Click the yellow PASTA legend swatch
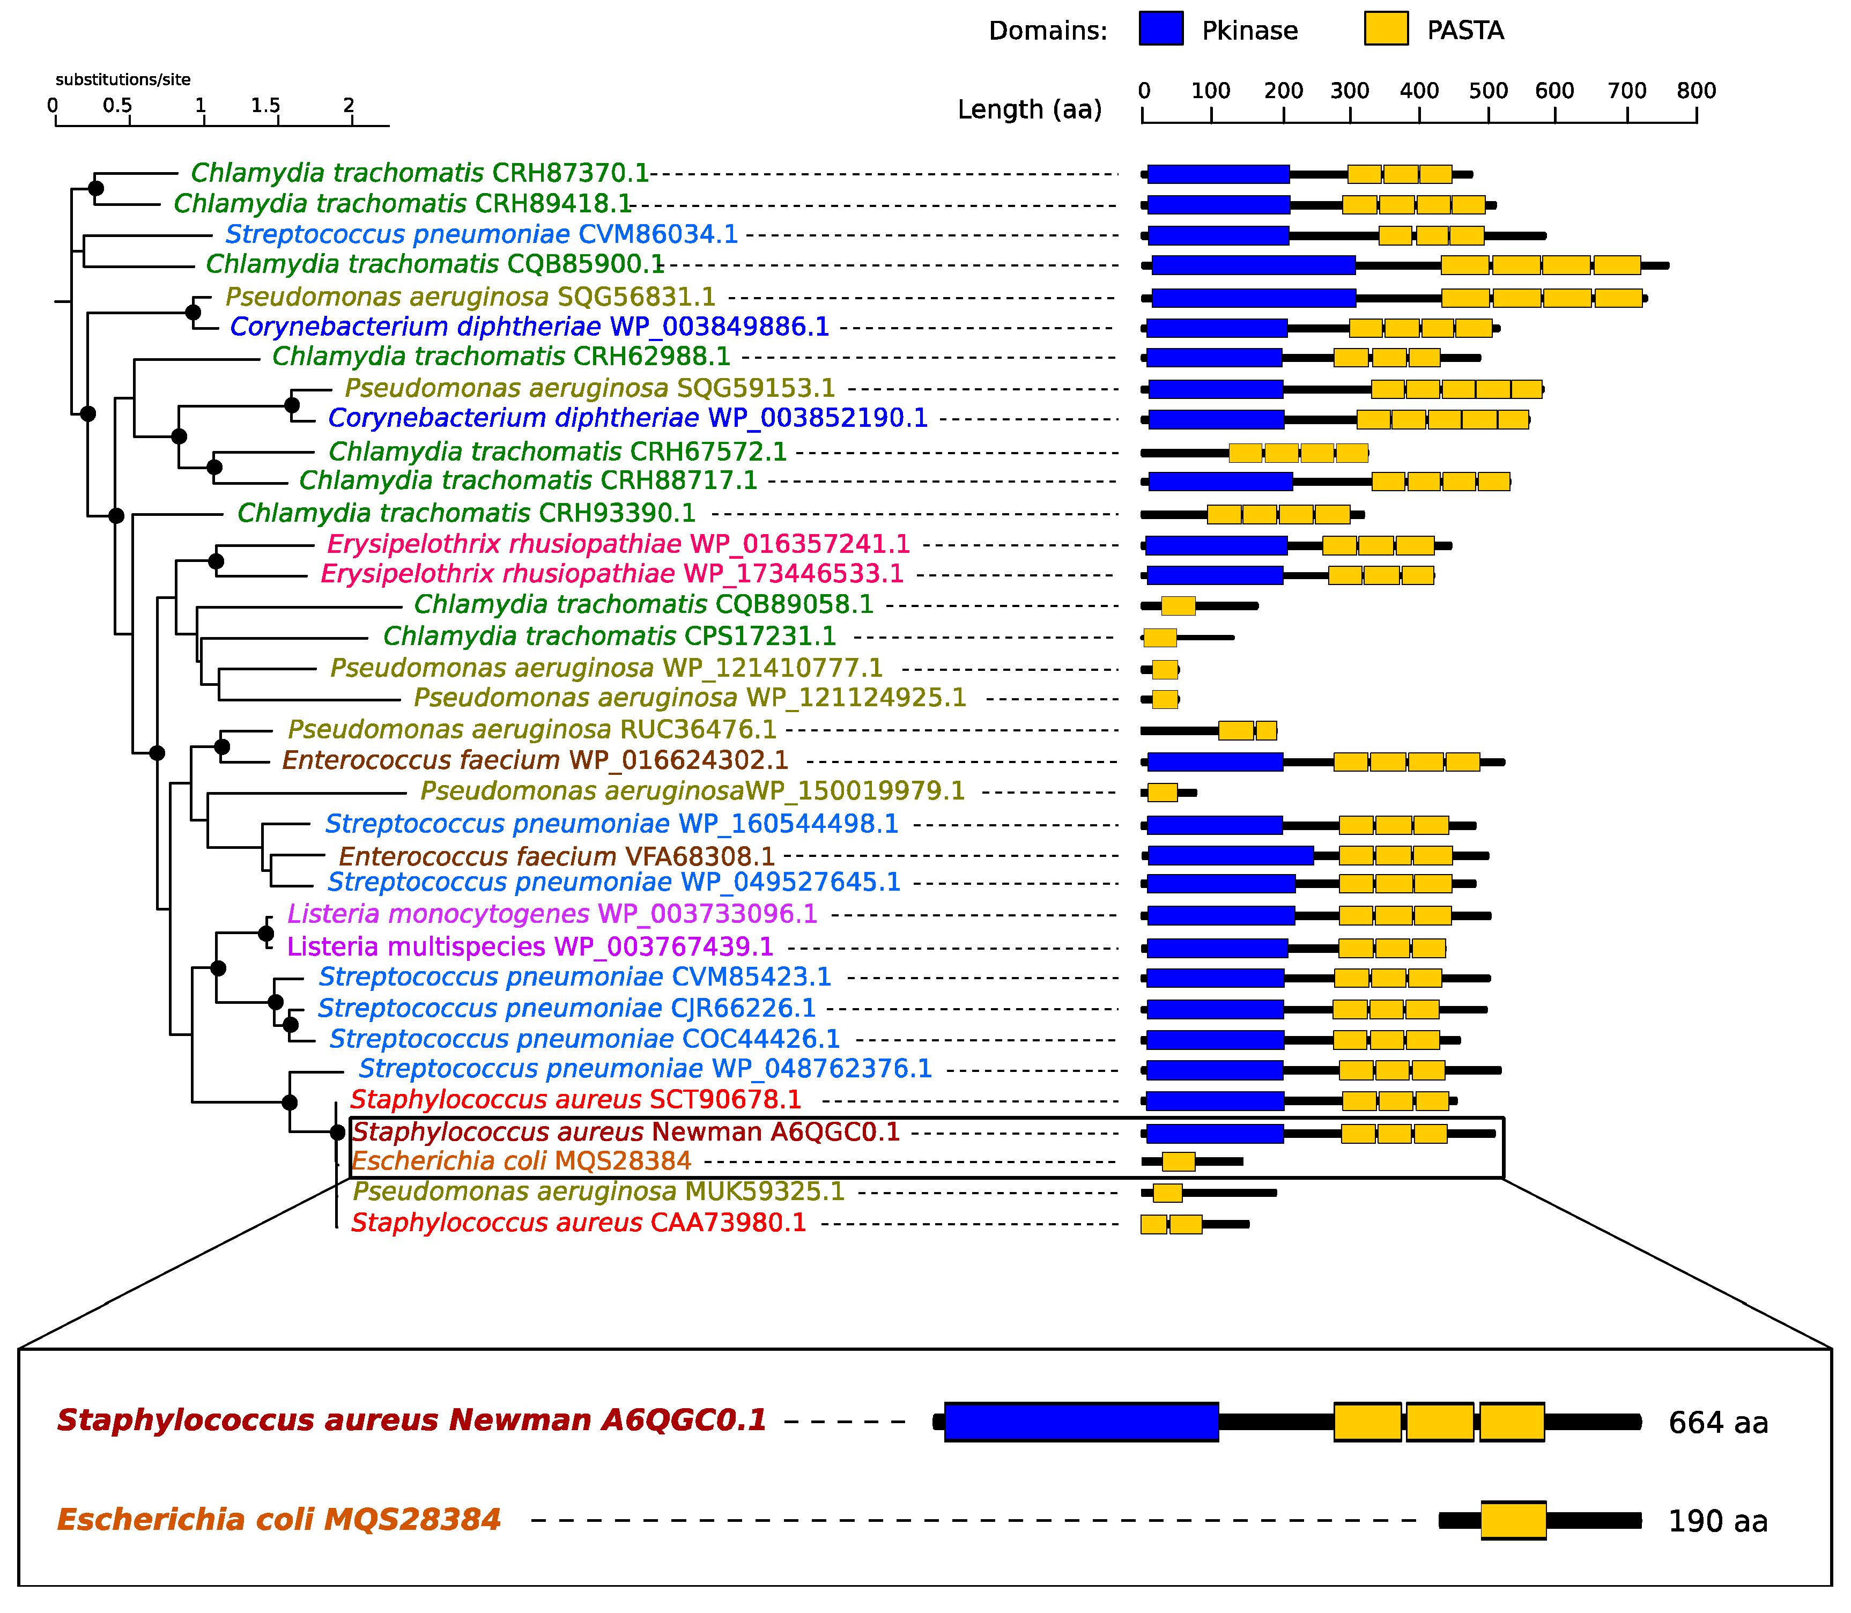point(1386,29)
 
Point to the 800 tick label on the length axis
point(1696,90)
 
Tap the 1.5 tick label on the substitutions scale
point(265,105)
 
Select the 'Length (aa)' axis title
point(1030,110)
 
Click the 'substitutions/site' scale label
point(123,79)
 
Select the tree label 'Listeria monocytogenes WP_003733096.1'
point(552,914)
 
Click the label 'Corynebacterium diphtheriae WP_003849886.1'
point(529,327)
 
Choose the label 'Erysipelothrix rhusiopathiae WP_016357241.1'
point(618,545)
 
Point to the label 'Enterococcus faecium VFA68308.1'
point(556,856)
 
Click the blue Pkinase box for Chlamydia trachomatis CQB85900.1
point(1254,265)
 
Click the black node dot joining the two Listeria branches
point(266,934)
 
